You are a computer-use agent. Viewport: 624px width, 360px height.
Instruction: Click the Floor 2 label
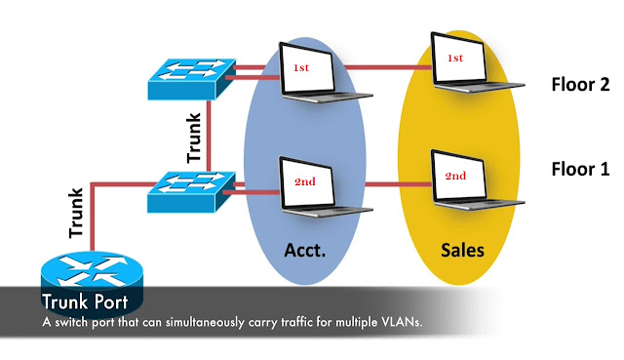pyautogui.click(x=580, y=85)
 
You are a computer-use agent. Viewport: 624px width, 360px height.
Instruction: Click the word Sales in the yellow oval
pyautogui.click(x=460, y=250)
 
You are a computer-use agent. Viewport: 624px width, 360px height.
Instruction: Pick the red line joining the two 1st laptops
pyautogui.click(x=394, y=68)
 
